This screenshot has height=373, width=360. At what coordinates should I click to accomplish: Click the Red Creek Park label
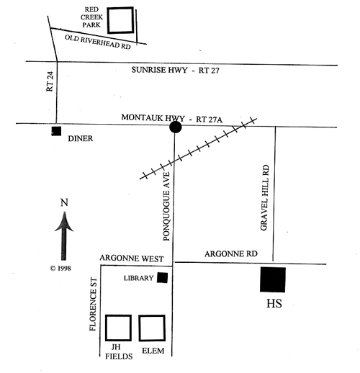[x=91, y=17]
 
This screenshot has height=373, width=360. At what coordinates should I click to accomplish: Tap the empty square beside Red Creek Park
[x=107, y=20]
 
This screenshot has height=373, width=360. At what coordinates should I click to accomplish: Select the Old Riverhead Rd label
[x=98, y=42]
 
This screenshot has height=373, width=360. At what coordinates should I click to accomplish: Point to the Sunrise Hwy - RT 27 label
[x=175, y=70]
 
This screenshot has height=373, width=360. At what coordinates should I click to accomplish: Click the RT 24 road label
[x=50, y=81]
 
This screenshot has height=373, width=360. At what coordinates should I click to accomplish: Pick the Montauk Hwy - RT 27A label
[x=172, y=118]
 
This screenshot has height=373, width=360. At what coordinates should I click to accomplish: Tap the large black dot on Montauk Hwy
[x=176, y=127]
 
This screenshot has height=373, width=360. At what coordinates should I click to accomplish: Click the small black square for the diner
[x=56, y=131]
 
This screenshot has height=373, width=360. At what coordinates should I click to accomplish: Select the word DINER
[x=81, y=138]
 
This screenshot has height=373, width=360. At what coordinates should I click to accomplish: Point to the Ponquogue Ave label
[x=166, y=207]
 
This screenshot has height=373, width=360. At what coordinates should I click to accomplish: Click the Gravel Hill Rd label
[x=265, y=197]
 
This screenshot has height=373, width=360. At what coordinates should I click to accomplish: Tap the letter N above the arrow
[x=64, y=202]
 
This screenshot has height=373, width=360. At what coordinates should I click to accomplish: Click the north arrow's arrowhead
[x=64, y=222]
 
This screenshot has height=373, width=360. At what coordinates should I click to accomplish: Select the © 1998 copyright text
[x=60, y=268]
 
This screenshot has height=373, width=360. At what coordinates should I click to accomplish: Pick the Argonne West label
[x=132, y=259]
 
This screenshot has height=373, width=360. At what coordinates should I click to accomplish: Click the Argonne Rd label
[x=231, y=253]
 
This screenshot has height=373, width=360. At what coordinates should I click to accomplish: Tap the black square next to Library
[x=162, y=278]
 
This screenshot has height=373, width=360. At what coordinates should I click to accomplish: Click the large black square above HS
[x=273, y=279]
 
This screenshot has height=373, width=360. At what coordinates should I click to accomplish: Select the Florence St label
[x=93, y=304]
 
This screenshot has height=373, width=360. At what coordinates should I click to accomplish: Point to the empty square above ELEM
[x=139, y=328]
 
